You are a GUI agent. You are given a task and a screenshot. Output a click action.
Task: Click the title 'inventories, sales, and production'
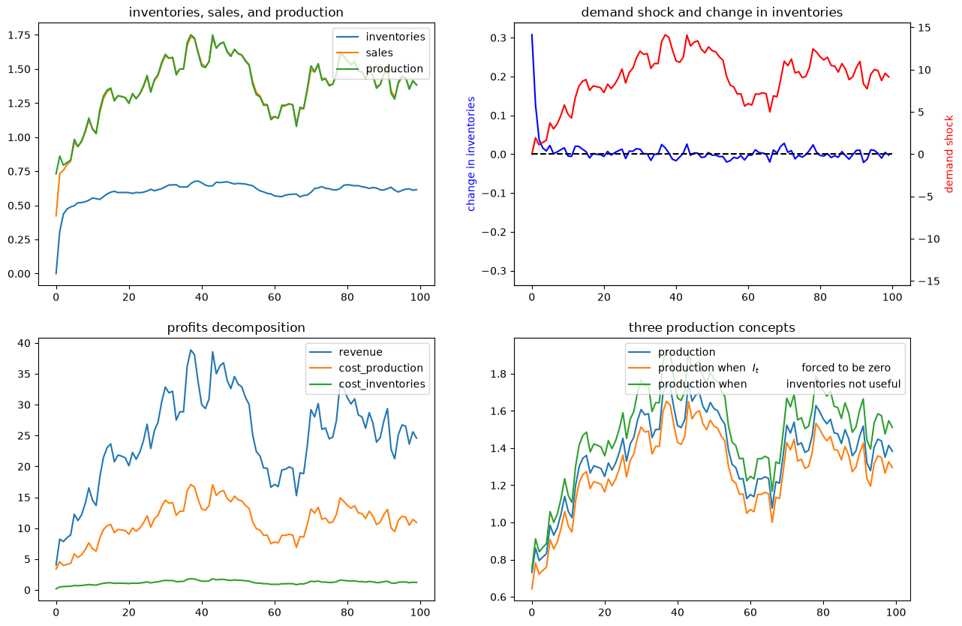pos(236,13)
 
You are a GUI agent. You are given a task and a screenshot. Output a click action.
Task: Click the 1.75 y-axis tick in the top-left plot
pos(20,35)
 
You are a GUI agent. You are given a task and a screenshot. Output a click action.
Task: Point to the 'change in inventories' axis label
pos(471,154)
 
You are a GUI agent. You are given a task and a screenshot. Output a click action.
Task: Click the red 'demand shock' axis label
pos(948,154)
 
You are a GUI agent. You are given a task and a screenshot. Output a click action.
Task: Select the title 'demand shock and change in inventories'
pos(711,13)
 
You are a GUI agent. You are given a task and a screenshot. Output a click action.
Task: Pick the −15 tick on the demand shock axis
pos(927,281)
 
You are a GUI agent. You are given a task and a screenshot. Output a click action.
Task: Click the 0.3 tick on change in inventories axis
pos(498,38)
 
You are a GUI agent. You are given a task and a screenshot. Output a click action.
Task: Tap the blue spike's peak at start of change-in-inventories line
pos(532,35)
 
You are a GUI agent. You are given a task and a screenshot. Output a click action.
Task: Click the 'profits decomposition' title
pos(236,328)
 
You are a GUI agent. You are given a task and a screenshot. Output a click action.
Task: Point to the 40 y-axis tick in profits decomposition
pos(24,343)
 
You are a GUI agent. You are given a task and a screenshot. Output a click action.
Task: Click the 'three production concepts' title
pos(711,328)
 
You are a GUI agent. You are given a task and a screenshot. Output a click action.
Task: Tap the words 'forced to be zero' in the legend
pos(846,368)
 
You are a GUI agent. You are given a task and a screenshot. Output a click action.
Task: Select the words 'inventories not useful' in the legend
pos(843,384)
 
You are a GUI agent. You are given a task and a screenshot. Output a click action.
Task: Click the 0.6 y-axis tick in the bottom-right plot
pos(498,597)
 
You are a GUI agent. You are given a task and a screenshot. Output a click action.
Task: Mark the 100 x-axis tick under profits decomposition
pos(420,612)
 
